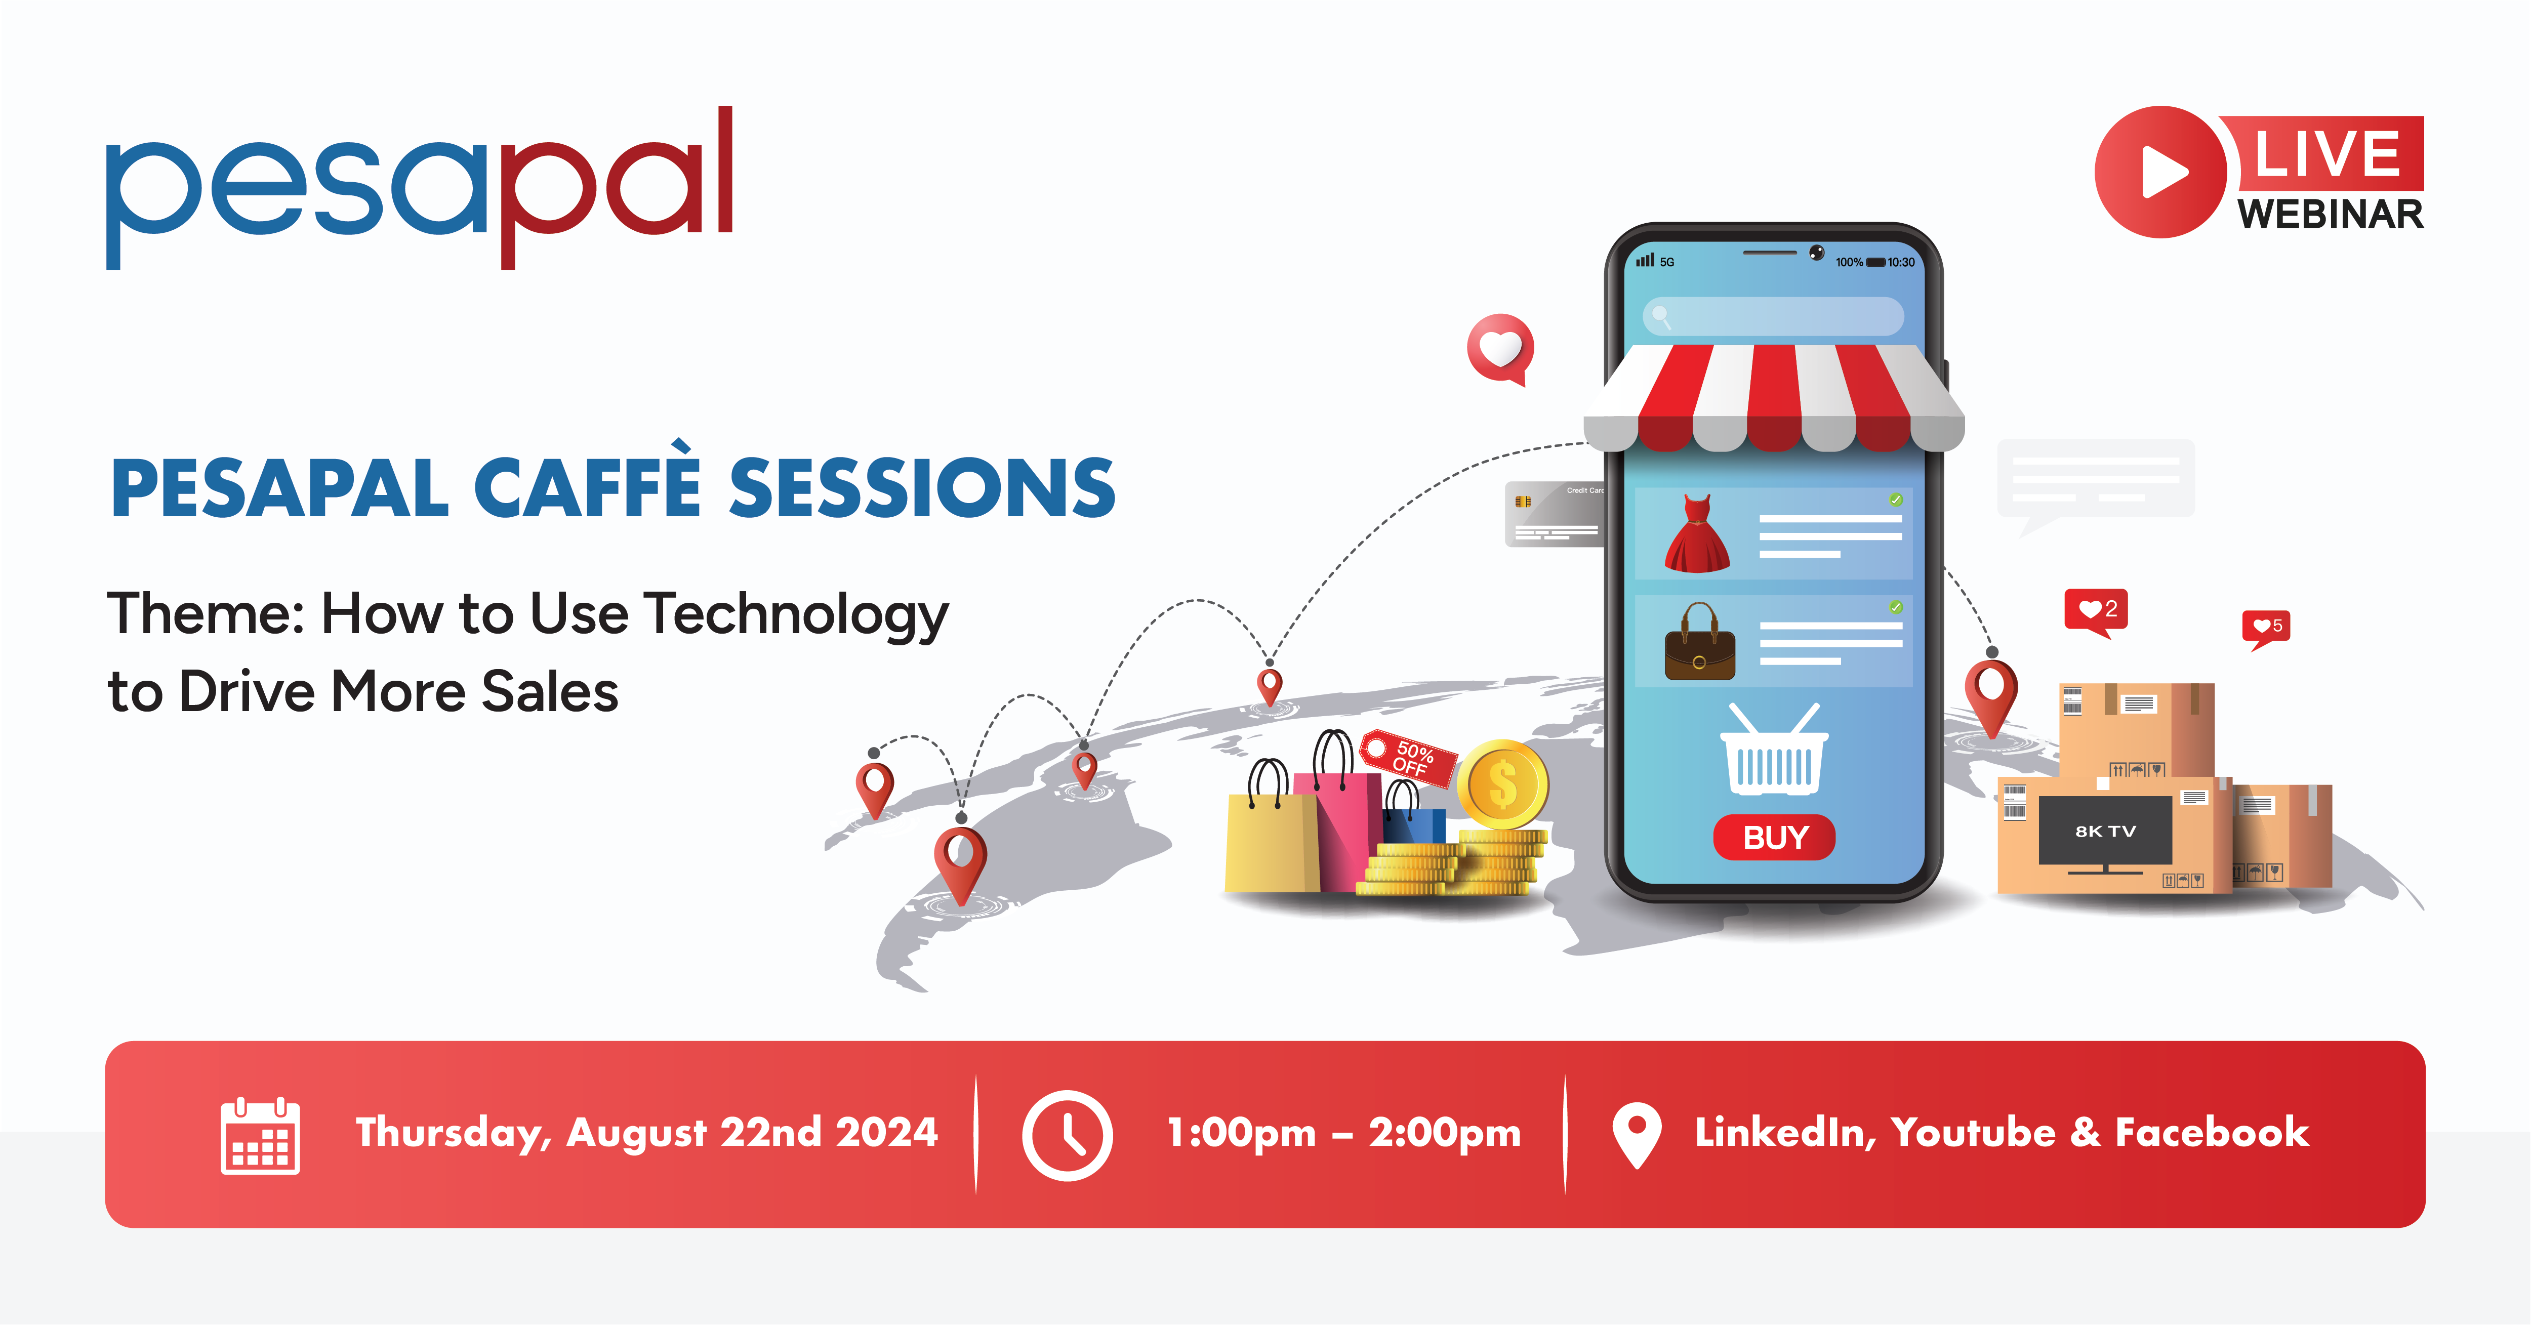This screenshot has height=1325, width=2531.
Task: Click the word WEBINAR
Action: pyautogui.click(x=2331, y=214)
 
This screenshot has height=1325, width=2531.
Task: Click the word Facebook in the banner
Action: pyautogui.click(x=2212, y=1133)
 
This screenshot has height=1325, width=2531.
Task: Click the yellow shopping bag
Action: pyautogui.click(x=1272, y=830)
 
